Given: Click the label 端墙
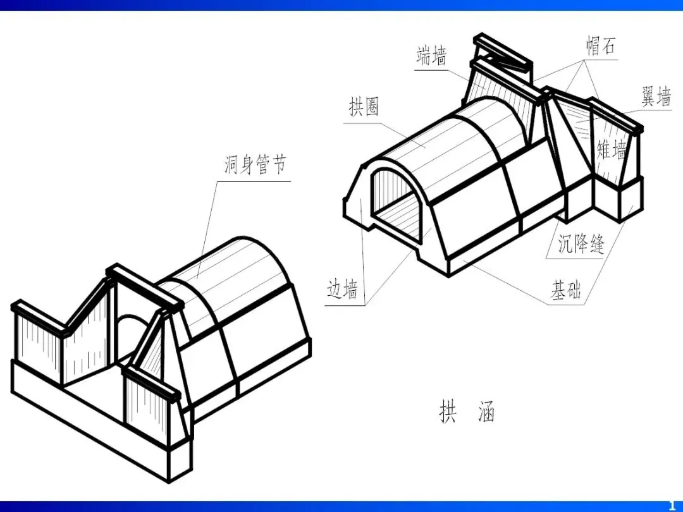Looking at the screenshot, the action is point(431,56).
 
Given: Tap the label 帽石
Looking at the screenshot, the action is point(600,46).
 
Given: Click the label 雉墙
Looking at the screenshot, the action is point(612,150).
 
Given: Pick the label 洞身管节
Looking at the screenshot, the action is point(255,166).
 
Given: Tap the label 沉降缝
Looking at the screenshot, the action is point(581,243).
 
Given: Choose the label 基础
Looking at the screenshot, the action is point(565,291).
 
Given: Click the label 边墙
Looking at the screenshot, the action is point(342,290).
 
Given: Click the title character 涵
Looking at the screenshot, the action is point(485,412).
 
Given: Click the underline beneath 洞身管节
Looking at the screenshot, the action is point(253,182).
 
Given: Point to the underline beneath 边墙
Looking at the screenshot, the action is point(345,306).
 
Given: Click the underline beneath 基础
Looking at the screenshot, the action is point(565,306).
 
